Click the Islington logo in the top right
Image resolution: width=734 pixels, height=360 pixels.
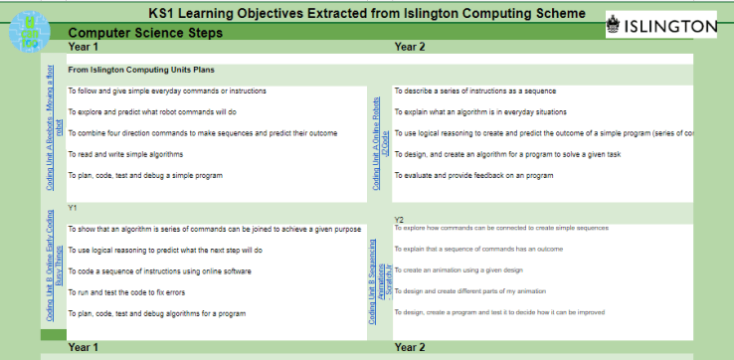click(x=661, y=24)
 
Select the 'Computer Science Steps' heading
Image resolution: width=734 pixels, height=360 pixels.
click(x=144, y=33)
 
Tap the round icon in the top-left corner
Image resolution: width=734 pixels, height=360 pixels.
click(x=29, y=30)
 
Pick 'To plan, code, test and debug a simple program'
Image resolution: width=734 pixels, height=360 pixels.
click(x=145, y=175)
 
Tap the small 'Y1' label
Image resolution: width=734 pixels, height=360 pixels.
click(x=73, y=207)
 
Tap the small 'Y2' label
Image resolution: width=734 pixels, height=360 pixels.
click(x=399, y=219)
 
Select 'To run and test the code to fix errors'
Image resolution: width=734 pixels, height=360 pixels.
click(x=126, y=292)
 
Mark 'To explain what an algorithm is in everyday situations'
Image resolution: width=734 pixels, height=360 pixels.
click(x=493, y=112)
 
